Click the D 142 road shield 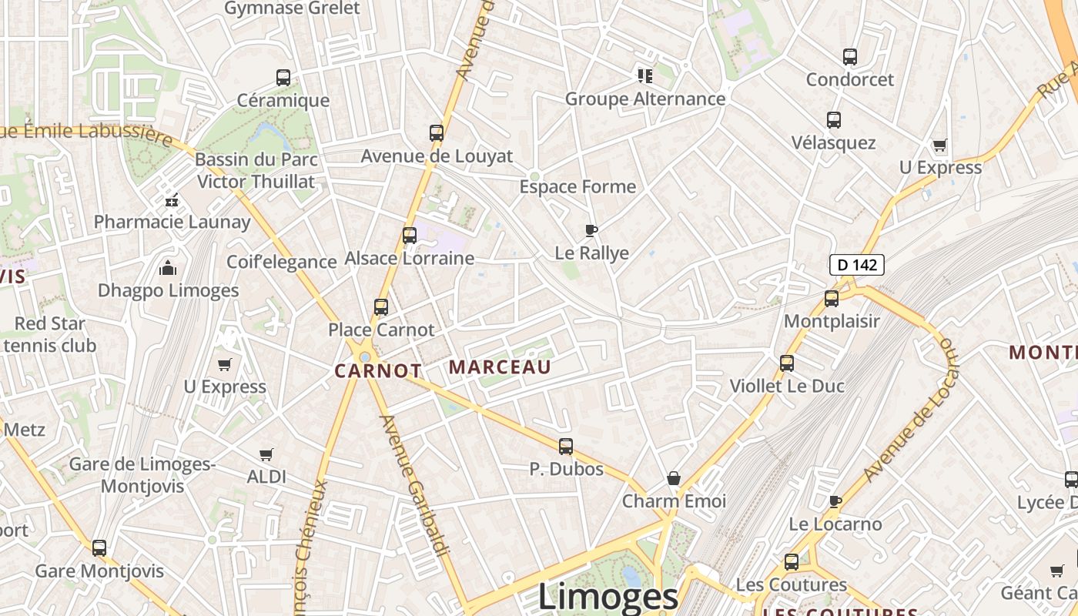[x=856, y=265]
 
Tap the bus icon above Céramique [x=283, y=78]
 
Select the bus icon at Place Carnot [x=381, y=307]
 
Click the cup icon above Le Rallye [x=591, y=230]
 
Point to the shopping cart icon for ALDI [x=266, y=455]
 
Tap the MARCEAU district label [x=500, y=367]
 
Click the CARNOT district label [x=378, y=371]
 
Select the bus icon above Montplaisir [x=832, y=299]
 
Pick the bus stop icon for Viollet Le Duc [x=787, y=363]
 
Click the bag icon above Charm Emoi [x=674, y=479]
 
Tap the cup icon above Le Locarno [x=835, y=502]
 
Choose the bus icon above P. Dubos [x=566, y=447]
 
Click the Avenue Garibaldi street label [x=413, y=485]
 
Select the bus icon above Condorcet [x=850, y=57]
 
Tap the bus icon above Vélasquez [x=834, y=120]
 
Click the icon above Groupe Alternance [x=645, y=75]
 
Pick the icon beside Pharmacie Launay [x=172, y=200]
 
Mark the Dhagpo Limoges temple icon [x=168, y=268]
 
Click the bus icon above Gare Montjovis [x=99, y=548]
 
